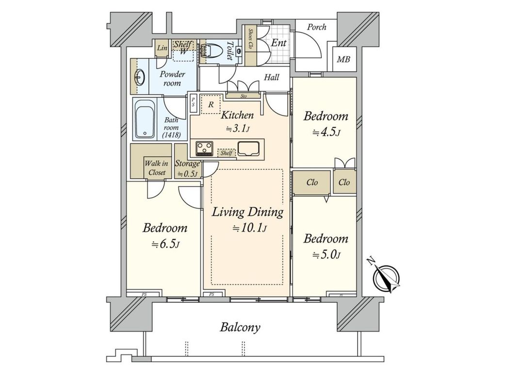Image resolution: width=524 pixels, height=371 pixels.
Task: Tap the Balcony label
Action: [x=240, y=327]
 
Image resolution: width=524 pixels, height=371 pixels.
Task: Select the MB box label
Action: [x=344, y=60]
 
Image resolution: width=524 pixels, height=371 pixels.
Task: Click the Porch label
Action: [x=316, y=27]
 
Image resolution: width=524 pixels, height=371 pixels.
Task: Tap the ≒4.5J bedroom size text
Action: [x=326, y=132]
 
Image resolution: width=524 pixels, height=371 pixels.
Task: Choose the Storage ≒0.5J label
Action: [x=187, y=169]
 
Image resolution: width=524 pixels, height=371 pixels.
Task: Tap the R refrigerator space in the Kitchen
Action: [x=211, y=104]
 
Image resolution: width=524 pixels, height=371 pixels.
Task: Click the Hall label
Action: [x=272, y=77]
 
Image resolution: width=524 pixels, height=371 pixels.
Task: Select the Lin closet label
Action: [x=162, y=49]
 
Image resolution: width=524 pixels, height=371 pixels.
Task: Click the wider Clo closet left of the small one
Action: [x=312, y=183]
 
